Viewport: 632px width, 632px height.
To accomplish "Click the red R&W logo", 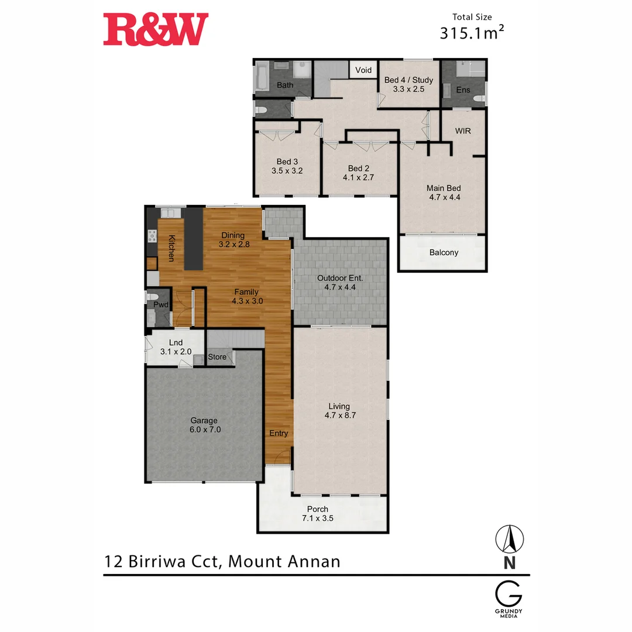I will click(156, 30).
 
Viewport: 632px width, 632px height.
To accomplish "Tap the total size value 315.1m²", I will click(472, 33).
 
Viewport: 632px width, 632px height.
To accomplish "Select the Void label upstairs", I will click(363, 70).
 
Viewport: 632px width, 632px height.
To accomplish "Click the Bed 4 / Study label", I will click(408, 80).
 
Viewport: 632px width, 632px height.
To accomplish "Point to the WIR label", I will click(463, 130).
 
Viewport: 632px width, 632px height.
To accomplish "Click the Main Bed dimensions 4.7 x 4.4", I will click(444, 198).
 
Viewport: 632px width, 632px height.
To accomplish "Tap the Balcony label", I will click(444, 253).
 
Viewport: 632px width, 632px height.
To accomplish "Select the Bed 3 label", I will click(287, 162).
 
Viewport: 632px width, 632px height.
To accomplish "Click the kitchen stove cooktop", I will click(152, 236).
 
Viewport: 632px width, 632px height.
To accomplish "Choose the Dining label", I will click(232, 235).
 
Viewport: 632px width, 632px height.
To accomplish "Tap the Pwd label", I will click(161, 305).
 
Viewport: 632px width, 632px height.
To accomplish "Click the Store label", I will click(217, 357).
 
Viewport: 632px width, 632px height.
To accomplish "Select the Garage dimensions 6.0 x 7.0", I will click(204, 430).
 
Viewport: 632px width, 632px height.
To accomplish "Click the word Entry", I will click(279, 433).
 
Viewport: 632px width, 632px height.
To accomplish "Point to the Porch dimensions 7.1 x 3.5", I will click(317, 518).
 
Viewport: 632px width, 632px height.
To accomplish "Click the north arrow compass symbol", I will click(509, 539).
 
